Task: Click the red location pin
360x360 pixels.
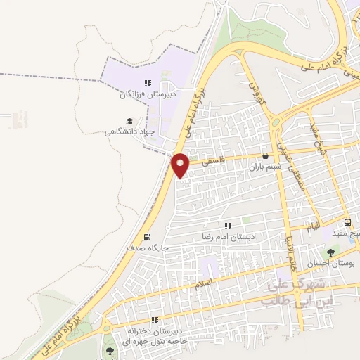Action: [x=181, y=164]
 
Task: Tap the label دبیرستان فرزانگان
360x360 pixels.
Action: [x=150, y=93]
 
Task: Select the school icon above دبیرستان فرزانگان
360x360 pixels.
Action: [x=148, y=82]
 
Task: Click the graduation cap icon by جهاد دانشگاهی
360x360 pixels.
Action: [x=129, y=121]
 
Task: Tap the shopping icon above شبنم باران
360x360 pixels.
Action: [x=265, y=156]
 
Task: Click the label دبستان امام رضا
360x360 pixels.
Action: [x=229, y=237]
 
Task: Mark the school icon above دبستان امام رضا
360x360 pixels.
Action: [x=228, y=226]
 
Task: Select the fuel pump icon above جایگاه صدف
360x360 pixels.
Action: [x=147, y=237]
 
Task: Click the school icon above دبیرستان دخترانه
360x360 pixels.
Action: [x=163, y=320]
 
